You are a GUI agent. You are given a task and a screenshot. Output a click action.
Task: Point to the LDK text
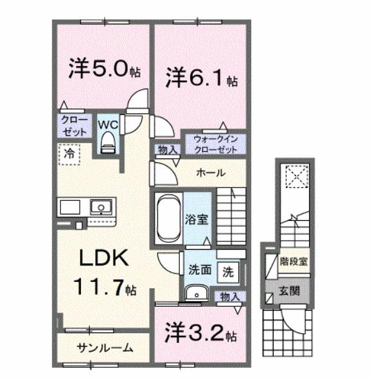(x=105, y=259)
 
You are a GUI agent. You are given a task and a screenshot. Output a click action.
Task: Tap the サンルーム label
(x=105, y=349)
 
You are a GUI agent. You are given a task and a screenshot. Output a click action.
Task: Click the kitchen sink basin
(x=100, y=207)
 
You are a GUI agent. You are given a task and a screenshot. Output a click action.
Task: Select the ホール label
(x=209, y=173)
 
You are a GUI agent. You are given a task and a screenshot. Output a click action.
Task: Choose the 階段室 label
(x=293, y=261)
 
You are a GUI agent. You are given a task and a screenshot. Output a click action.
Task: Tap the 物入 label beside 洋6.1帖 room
(x=168, y=150)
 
